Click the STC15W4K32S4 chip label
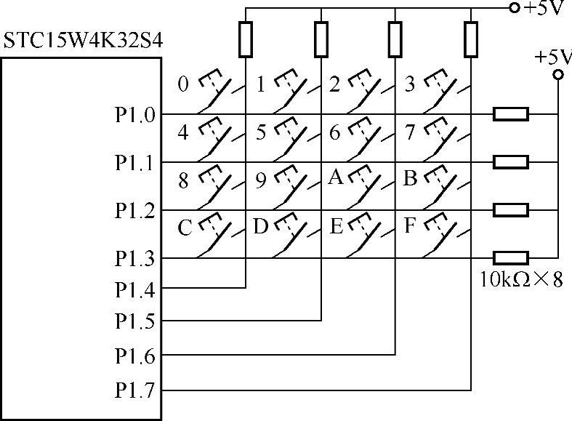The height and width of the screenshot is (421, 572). pyautogui.click(x=81, y=40)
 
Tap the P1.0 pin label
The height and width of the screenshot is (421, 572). pyautogui.click(x=134, y=115)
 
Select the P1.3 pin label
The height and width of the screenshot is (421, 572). pyautogui.click(x=134, y=258)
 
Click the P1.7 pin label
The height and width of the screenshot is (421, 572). pyautogui.click(x=134, y=391)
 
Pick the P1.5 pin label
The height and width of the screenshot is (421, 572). pyautogui.click(x=134, y=320)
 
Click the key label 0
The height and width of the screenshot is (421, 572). pyautogui.click(x=183, y=84)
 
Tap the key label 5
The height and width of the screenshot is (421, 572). pyautogui.click(x=262, y=133)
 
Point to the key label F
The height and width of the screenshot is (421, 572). pyautogui.click(x=409, y=226)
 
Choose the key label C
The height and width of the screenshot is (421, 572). pyautogui.click(x=185, y=228)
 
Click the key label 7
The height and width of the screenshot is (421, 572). pyautogui.click(x=410, y=133)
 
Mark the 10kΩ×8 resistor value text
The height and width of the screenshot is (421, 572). pyautogui.click(x=521, y=278)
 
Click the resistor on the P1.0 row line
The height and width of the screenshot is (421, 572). pyautogui.click(x=511, y=114)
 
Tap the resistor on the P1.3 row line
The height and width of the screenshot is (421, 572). pyautogui.click(x=511, y=258)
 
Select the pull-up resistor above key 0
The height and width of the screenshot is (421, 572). pyautogui.click(x=246, y=39)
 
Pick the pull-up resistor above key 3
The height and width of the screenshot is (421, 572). pyautogui.click(x=471, y=39)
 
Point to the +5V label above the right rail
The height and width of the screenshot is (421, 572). pyautogui.click(x=552, y=57)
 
